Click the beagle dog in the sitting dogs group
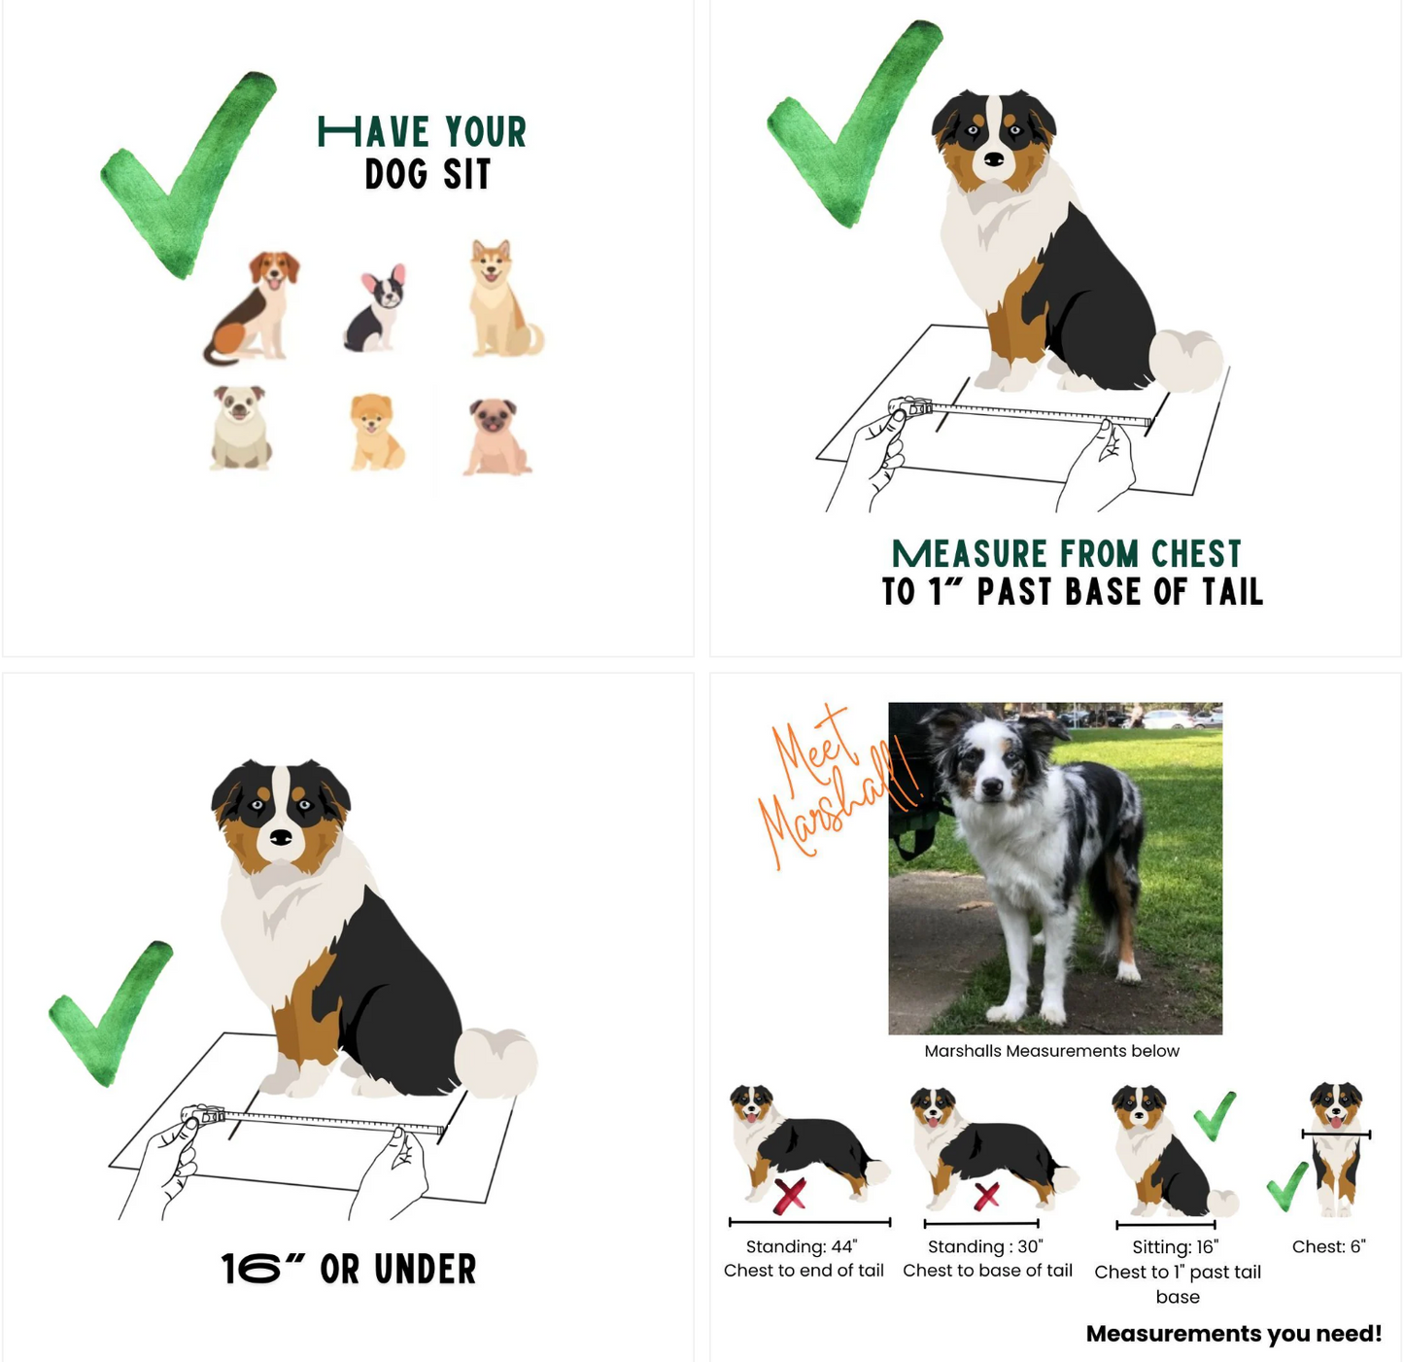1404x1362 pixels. point(253,307)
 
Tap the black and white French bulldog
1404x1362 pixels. point(376,309)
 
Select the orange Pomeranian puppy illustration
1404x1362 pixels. point(377,432)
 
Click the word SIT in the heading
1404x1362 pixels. point(466,175)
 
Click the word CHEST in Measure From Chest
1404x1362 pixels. point(1196,554)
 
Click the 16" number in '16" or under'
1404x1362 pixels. point(262,1268)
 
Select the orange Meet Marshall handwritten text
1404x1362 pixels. point(830,786)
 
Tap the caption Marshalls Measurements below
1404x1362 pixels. point(1051,1051)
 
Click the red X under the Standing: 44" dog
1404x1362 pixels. point(789,1195)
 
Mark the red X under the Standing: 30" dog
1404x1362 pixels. point(986,1196)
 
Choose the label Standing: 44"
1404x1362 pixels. point(801,1246)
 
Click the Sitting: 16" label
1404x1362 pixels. point(1175,1247)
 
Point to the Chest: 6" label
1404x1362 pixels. point(1329,1246)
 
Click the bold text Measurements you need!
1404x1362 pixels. point(1234,1334)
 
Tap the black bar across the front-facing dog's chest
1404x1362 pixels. point(1335,1134)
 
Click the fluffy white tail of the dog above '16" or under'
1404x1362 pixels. point(496,1063)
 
